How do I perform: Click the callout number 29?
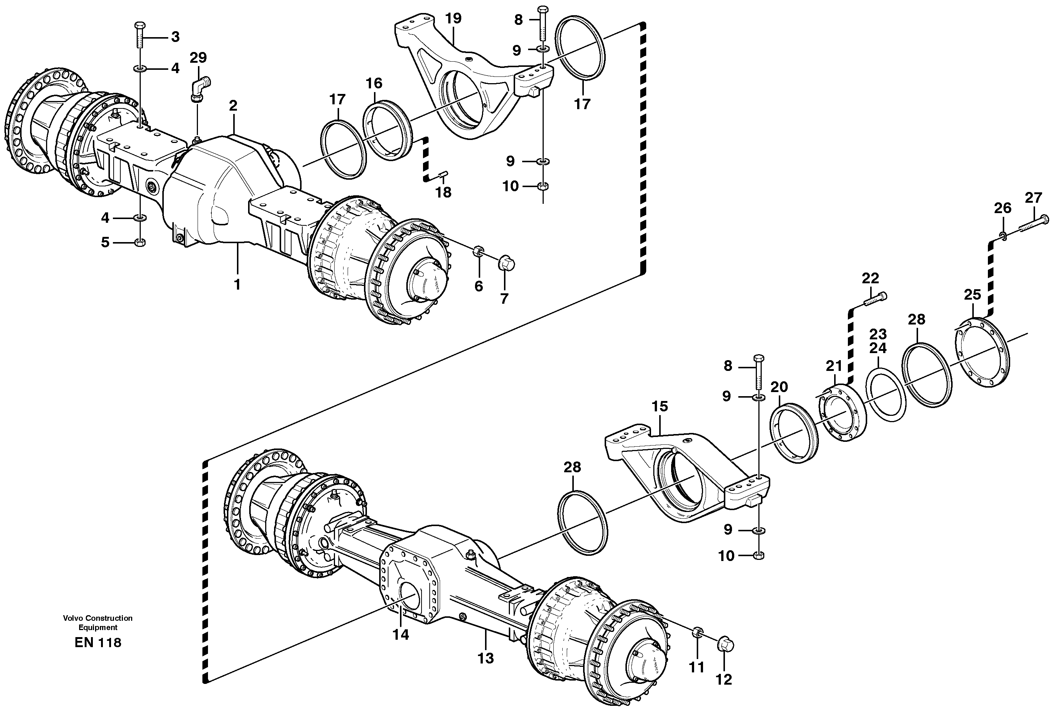(198, 58)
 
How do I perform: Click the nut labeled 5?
(140, 242)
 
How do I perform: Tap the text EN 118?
(98, 643)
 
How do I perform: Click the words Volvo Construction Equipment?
(98, 623)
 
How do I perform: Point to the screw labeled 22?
(875, 299)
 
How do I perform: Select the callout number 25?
(972, 295)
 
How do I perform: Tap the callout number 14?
(401, 635)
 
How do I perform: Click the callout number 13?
(485, 658)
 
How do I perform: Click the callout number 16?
(374, 84)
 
